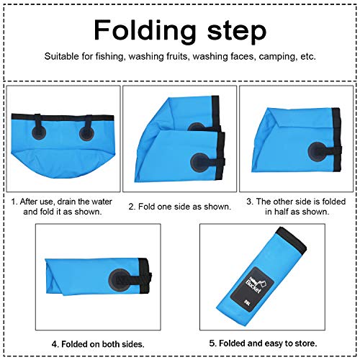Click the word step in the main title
[x=237, y=32]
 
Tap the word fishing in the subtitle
[x=110, y=57]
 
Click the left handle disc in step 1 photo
[x=39, y=132]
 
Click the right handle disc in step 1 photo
[x=86, y=134]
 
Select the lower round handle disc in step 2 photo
[x=200, y=163]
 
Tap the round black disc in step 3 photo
[x=318, y=152]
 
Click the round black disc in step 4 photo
[x=120, y=280]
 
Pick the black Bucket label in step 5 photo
[x=252, y=287]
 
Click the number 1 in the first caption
[x=13, y=202]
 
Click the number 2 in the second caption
[x=131, y=207]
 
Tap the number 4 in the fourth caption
[x=55, y=344]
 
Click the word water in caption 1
[x=102, y=202]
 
